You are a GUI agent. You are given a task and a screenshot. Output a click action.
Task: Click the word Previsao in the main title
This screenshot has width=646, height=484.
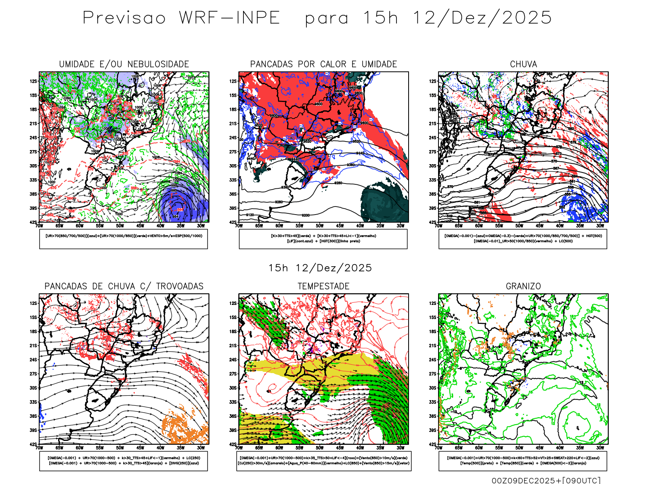[124, 18]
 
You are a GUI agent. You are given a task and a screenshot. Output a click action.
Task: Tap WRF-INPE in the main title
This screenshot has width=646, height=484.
[229, 18]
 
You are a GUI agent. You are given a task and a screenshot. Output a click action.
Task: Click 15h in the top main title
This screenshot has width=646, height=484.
[380, 18]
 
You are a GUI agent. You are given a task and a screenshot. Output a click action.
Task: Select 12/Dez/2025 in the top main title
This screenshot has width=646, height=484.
[482, 18]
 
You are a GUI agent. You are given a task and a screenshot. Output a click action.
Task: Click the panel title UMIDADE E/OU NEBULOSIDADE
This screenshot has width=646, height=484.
[124, 65]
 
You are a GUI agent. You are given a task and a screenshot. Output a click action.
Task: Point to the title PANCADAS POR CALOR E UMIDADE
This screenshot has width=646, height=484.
[323, 65]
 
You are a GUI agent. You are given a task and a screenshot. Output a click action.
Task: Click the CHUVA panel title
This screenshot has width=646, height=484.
[523, 65]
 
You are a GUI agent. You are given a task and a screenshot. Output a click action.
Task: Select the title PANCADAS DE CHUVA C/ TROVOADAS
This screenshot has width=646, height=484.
[124, 286]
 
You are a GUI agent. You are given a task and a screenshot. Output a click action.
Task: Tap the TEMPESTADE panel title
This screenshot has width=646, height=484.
[323, 286]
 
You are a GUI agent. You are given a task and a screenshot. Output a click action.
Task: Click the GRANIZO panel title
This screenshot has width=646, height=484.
[523, 286]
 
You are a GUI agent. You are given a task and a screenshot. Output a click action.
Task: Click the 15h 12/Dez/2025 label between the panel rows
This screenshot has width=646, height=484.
[320, 268]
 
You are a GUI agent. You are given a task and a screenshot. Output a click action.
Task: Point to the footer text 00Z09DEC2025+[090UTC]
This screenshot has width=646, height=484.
[546, 480]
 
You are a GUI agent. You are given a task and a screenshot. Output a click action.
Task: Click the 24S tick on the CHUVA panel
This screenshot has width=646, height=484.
[433, 138]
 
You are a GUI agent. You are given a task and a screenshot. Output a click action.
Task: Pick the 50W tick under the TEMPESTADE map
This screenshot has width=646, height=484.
[319, 448]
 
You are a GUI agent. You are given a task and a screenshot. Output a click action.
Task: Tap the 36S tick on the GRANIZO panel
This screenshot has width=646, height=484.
[433, 416]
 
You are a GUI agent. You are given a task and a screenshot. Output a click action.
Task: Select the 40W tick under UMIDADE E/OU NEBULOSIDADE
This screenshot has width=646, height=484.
[160, 226]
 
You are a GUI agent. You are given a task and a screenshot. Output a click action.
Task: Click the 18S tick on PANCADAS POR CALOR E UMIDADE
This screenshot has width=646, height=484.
[233, 110]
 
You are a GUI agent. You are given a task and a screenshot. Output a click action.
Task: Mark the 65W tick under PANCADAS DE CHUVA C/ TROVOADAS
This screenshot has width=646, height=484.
[59, 448]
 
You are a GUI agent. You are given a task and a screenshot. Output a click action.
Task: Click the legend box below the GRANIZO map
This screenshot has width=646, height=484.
[523, 461]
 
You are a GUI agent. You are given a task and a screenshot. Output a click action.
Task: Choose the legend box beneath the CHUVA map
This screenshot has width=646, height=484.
[523, 239]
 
